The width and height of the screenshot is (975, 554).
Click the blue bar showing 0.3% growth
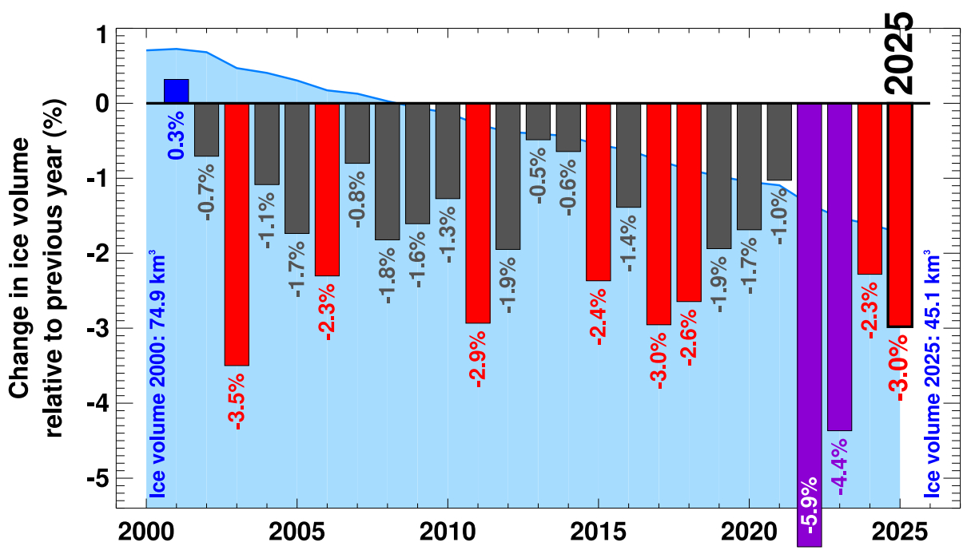pyautogui.click(x=176, y=91)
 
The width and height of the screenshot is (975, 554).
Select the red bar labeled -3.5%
pyautogui.click(x=237, y=234)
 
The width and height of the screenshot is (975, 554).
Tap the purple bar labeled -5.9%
pyautogui.click(x=810, y=319)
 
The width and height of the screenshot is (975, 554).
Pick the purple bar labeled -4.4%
pyautogui.click(x=839, y=267)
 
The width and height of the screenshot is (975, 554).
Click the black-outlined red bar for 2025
pyautogui.click(x=900, y=215)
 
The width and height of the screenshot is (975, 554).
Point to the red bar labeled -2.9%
pyautogui.click(x=478, y=213)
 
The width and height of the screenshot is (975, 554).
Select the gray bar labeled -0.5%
pyautogui.click(x=538, y=121)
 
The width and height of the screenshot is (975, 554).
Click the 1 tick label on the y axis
pyautogui.click(x=101, y=36)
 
